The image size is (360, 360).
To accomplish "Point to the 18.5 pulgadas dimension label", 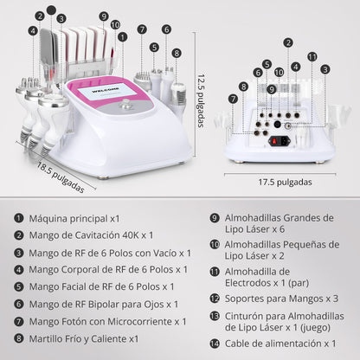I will point(61,177).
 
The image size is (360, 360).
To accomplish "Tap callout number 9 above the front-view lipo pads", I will point(103,15).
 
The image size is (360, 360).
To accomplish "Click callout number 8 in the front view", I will point(177,53).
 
